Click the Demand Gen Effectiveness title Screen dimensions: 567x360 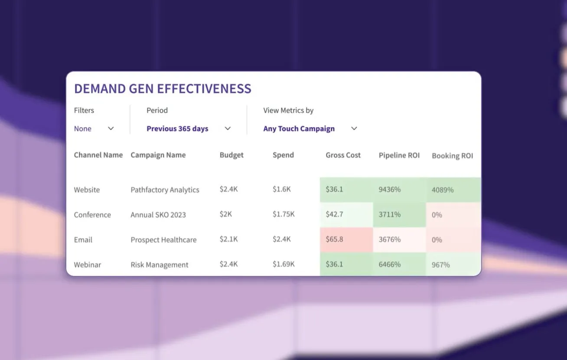[x=163, y=88]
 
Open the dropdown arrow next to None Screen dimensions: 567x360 [x=111, y=128]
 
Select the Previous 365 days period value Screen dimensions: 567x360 [x=177, y=128]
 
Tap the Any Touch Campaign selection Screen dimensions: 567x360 [x=299, y=129]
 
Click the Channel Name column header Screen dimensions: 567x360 [x=98, y=155]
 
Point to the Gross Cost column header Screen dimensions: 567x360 [x=343, y=155]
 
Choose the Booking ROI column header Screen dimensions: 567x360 [x=452, y=156]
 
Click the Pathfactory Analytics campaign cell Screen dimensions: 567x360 [x=165, y=190]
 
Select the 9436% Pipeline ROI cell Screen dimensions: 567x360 [x=399, y=190]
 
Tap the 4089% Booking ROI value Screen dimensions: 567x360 [x=443, y=190]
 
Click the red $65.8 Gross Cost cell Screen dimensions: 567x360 [x=346, y=239]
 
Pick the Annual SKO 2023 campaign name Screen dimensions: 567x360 [x=158, y=215]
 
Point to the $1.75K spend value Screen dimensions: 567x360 [x=283, y=214]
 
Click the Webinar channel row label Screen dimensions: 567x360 [x=87, y=265]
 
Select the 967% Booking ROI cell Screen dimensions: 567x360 [x=453, y=264]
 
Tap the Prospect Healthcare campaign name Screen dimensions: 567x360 [x=163, y=240]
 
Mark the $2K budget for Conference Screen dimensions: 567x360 [x=225, y=214]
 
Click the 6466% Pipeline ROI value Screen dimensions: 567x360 [x=390, y=264]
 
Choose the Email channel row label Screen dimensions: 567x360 [x=83, y=240]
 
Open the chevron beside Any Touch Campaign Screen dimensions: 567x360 [x=354, y=128]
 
